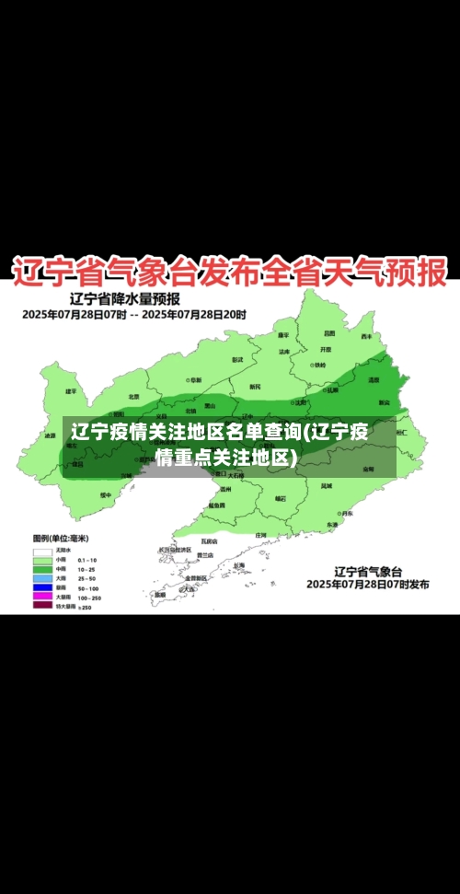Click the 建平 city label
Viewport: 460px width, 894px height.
[72, 391]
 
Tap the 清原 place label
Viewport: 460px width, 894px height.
[374, 379]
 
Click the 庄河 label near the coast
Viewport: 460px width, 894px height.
[260, 534]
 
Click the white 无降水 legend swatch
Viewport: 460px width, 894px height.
[42, 550]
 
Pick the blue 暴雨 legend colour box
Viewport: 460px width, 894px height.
[42, 586]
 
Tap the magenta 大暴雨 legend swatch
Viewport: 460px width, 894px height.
[42, 596]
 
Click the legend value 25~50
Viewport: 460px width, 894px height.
[88, 578]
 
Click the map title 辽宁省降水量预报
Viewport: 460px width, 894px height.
[124, 298]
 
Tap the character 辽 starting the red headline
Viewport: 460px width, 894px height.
[30, 273]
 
